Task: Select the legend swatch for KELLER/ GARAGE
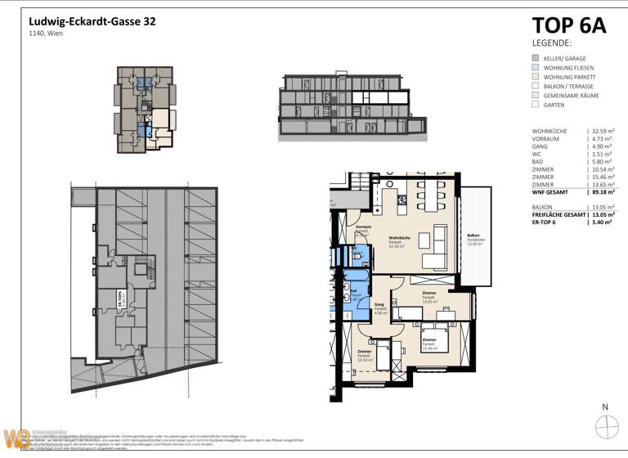pos(535,59)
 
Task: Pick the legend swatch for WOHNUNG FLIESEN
pos(535,68)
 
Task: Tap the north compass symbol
pos(605,426)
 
